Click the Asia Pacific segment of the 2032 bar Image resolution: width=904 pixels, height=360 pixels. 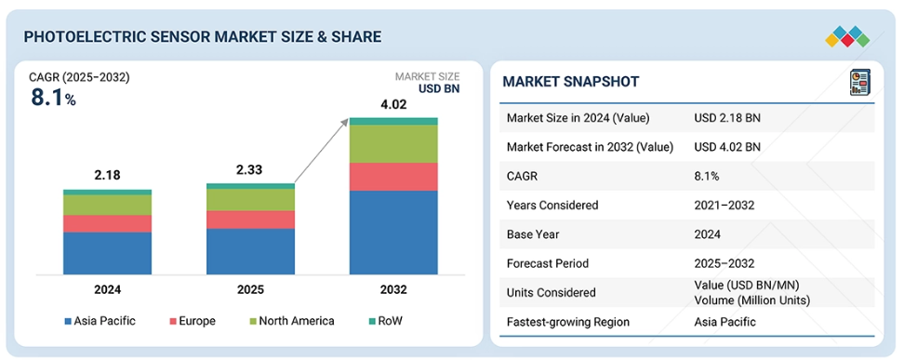point(393,233)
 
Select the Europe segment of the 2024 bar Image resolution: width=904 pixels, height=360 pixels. point(107,224)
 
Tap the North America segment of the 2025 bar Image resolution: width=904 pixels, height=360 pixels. point(250,200)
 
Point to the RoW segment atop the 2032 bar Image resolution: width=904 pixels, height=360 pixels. point(393,121)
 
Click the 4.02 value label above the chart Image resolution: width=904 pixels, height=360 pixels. point(392,104)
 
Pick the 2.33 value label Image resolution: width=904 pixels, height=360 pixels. point(250,170)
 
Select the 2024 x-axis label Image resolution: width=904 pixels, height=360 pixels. point(108,289)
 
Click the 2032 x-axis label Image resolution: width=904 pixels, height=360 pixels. point(393,289)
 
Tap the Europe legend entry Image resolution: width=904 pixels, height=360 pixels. point(192,321)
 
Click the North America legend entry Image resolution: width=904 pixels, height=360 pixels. point(291,321)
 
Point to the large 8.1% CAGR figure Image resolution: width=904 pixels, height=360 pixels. point(53,98)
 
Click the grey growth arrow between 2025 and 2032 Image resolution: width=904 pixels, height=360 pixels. point(321,151)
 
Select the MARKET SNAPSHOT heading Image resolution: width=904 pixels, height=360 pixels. point(571,81)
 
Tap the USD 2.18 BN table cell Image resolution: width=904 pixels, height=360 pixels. point(727,118)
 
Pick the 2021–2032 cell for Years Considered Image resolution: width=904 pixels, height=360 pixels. point(725,206)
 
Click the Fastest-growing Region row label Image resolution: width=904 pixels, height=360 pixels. point(568,322)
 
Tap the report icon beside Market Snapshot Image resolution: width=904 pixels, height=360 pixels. point(859,82)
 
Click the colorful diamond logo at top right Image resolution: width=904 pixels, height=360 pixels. point(847,36)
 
